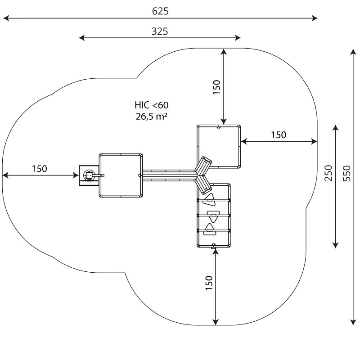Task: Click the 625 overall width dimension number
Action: click(x=160, y=11)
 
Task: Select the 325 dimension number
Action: click(x=160, y=31)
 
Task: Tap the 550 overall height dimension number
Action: click(x=346, y=173)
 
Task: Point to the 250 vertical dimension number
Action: click(x=328, y=173)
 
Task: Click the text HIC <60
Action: click(x=152, y=105)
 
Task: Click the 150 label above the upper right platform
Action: click(x=216, y=87)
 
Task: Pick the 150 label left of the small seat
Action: click(x=39, y=169)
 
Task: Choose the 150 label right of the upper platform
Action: click(x=278, y=135)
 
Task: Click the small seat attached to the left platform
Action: click(x=89, y=175)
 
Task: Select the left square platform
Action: click(x=121, y=175)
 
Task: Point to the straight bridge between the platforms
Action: click(x=169, y=175)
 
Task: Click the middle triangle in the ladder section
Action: click(x=211, y=215)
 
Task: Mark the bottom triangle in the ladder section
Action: click(x=210, y=230)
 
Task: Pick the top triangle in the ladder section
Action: click(x=210, y=198)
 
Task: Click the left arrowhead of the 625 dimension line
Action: click(x=5, y=18)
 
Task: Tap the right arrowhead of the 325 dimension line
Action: click(x=238, y=38)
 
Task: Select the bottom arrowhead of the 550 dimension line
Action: click(x=353, y=321)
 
